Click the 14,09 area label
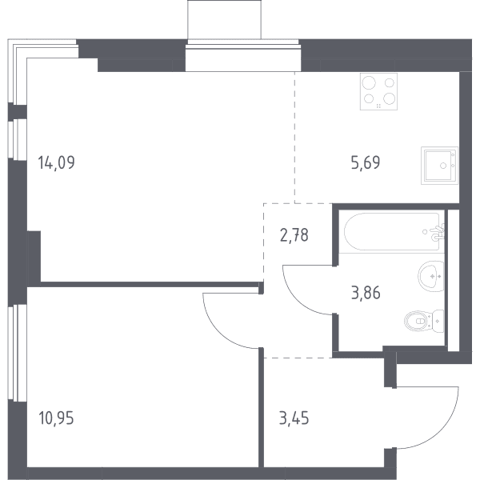pos(56,162)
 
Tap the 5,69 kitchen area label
pos(366,162)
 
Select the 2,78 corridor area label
pos(294,235)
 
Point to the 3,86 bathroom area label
pos(366,293)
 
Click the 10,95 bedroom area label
pos(56,418)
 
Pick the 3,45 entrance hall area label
pos(294,418)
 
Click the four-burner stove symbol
pos(378,91)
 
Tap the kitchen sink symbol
pos(439,166)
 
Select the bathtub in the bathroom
pos(394,231)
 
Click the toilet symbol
pos(424,321)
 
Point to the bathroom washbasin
pos(431,277)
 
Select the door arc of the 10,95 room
pos(218,333)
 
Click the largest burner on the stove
pos(369,83)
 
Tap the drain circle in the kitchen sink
pos(443,166)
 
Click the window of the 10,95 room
pos(18,352)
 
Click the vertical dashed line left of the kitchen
pos(294,138)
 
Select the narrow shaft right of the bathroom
pos(454,281)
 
